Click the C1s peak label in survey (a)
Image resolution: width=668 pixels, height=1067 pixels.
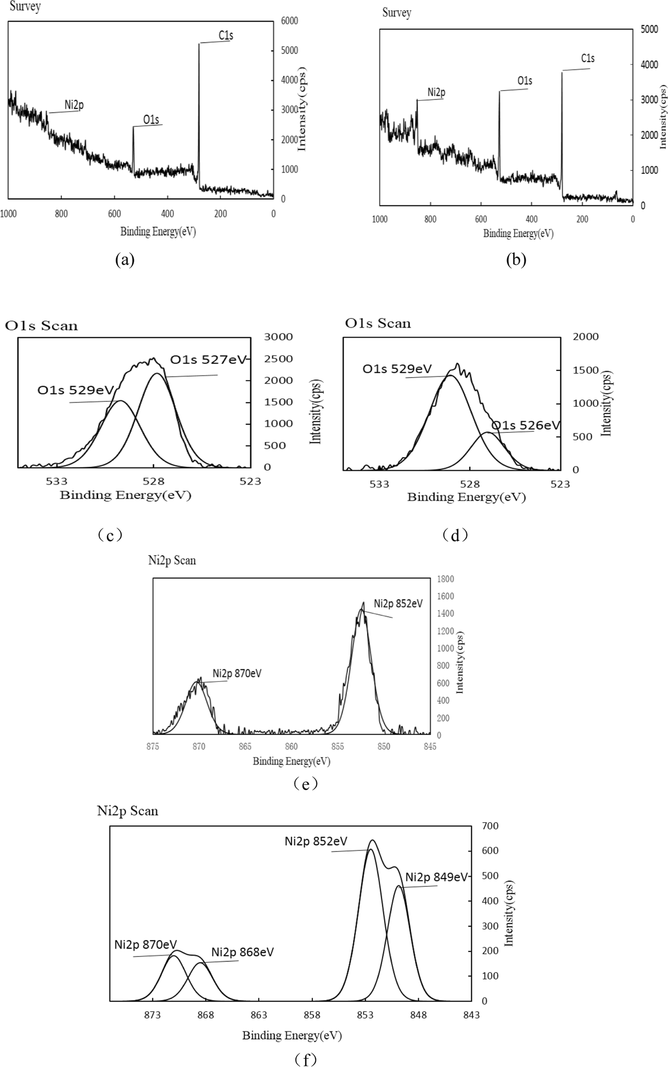point(225,35)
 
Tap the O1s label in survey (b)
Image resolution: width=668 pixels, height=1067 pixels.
point(525,81)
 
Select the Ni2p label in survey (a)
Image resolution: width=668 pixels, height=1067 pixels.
point(74,105)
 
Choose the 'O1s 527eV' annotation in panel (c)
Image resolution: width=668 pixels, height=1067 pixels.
point(208,359)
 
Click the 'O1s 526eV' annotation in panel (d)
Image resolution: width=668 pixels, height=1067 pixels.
point(526,425)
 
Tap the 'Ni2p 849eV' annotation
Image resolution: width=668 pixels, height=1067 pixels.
point(436,877)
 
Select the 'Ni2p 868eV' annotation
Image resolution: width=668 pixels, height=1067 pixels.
point(243,952)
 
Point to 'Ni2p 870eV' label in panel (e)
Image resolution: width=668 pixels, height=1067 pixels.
point(237,673)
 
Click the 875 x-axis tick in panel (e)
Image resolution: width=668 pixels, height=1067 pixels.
point(153,747)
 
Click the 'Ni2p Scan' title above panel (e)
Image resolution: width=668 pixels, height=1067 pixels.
point(172,560)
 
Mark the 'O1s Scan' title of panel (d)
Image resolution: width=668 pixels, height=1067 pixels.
point(378,323)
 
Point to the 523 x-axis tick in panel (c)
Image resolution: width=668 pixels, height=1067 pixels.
point(250,481)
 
